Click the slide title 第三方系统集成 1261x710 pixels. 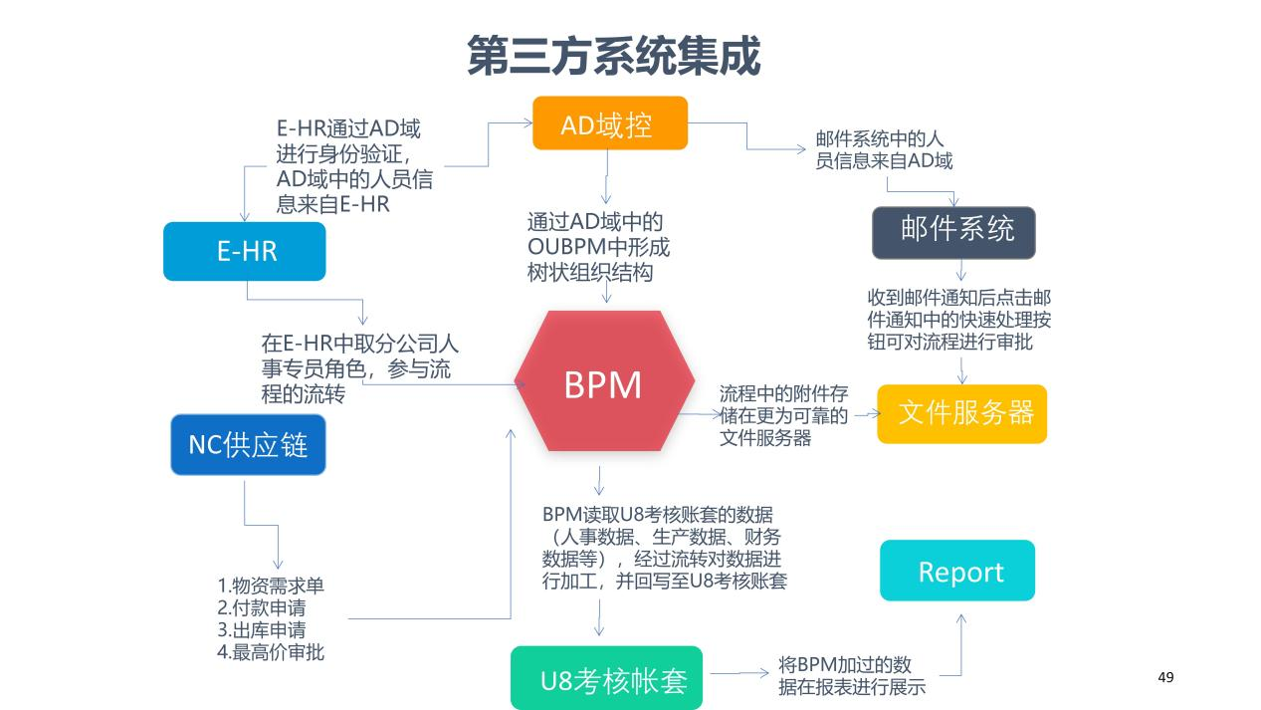[x=613, y=56]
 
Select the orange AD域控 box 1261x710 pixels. [x=609, y=123]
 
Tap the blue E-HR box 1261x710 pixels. [x=245, y=251]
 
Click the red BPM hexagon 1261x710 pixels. [x=603, y=382]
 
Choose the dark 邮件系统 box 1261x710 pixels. [x=953, y=232]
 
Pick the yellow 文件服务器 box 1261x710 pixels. [x=961, y=413]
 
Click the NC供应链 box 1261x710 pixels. [x=248, y=444]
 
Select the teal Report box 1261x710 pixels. [x=957, y=571]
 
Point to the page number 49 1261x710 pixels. [x=1166, y=677]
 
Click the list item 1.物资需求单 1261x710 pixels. [x=271, y=586]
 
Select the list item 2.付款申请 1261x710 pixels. [x=261, y=607]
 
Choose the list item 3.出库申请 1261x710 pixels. [x=261, y=630]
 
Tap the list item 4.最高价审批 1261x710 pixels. [x=271, y=653]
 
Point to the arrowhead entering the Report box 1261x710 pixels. [x=960, y=618]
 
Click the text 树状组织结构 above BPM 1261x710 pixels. [x=590, y=272]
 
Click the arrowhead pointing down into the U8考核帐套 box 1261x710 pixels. [x=599, y=631]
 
